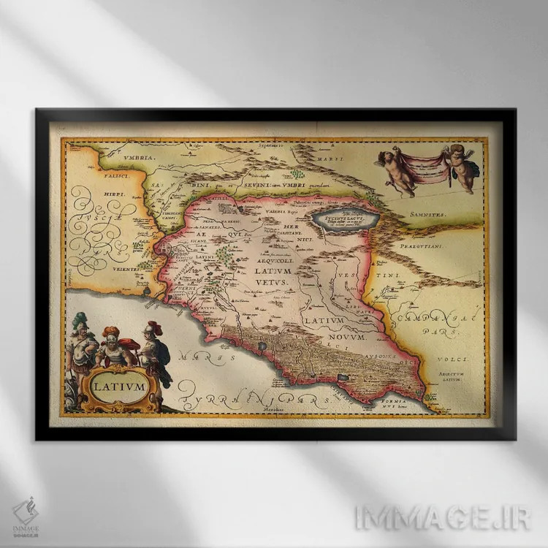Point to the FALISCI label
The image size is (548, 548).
[x=94, y=176]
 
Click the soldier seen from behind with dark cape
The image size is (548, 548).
[x=156, y=352]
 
